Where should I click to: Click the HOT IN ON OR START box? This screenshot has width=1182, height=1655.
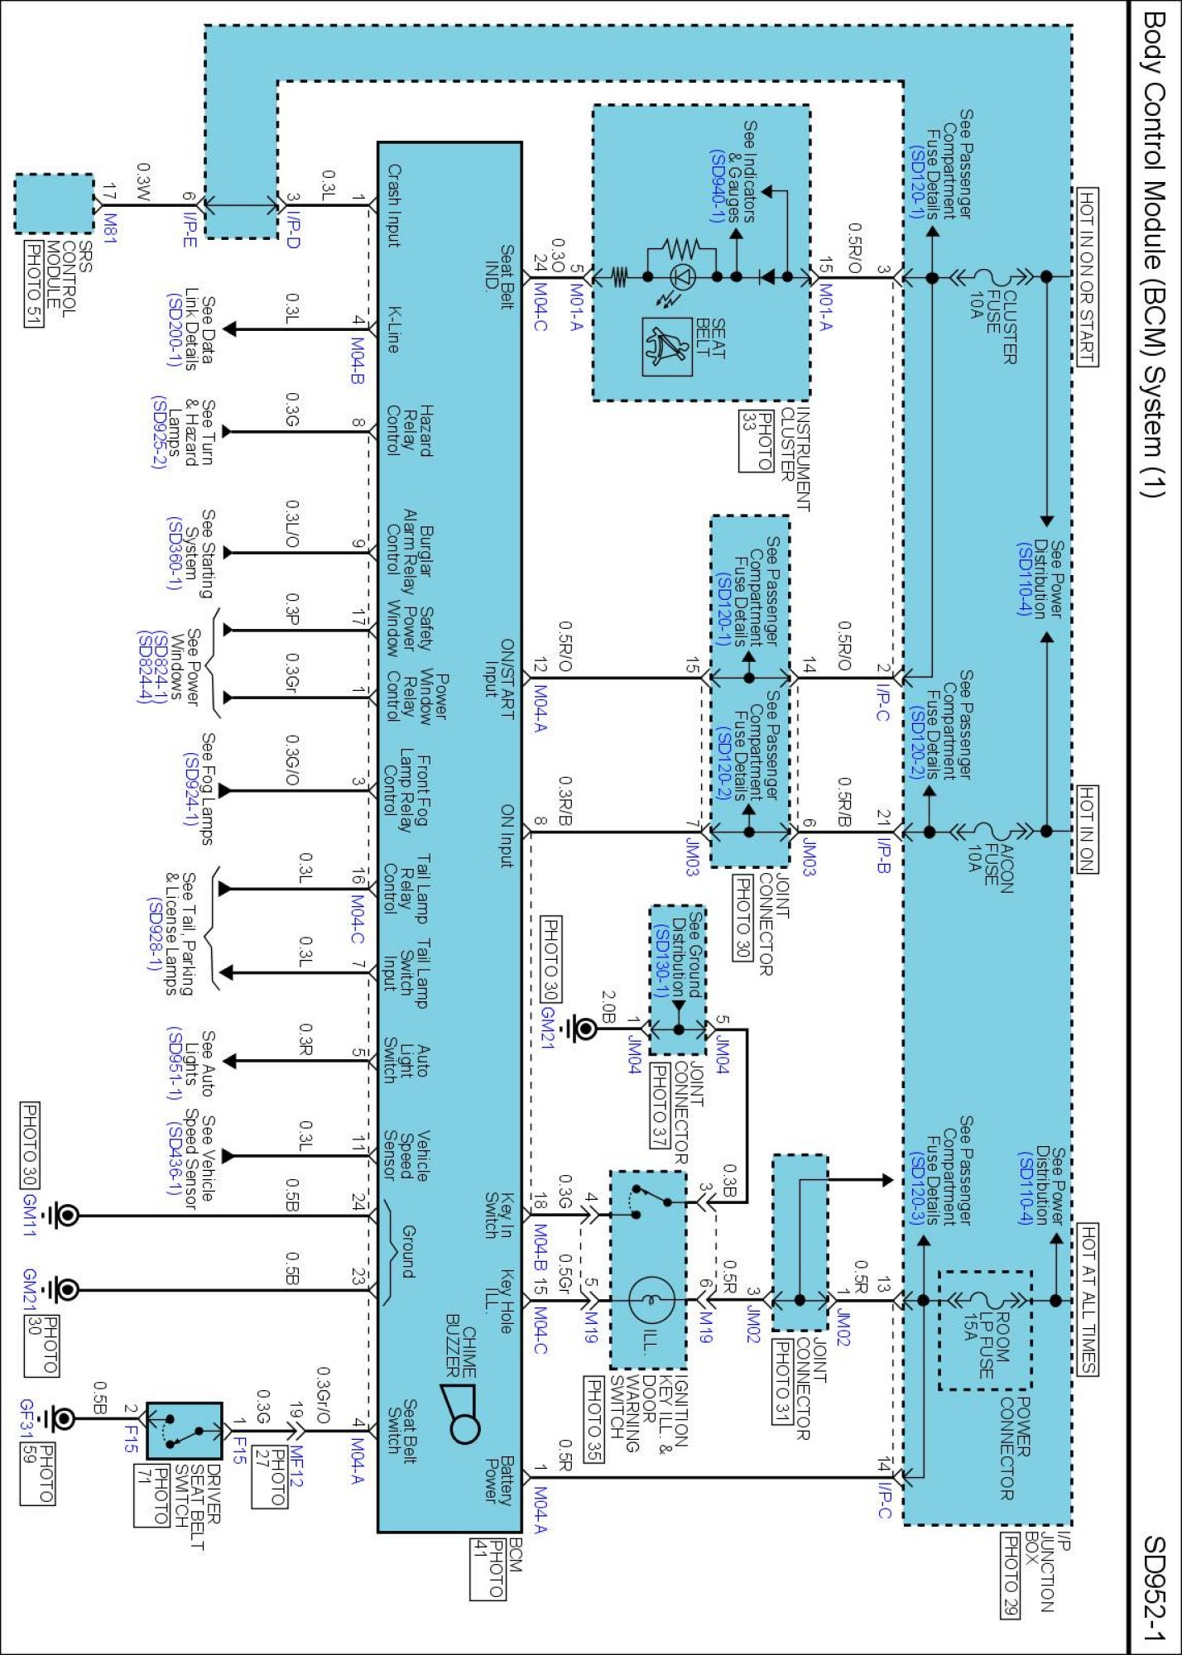[1087, 276]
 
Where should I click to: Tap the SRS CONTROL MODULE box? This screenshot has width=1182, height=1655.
[54, 204]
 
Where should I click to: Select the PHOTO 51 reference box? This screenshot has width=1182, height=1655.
[33, 284]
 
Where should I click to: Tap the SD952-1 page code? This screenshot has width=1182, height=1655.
[1155, 1588]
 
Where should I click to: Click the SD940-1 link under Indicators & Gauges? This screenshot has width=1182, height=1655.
[717, 186]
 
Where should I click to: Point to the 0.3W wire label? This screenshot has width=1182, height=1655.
[142, 183]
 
